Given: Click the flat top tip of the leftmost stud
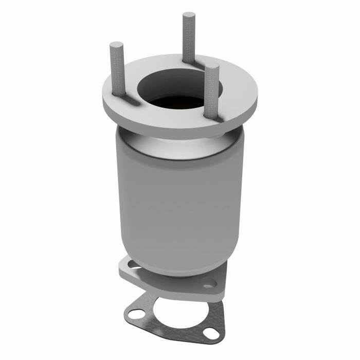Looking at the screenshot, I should click(116, 45).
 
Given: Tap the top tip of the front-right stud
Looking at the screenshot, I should click(211, 66).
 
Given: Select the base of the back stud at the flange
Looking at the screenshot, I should click(188, 61).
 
